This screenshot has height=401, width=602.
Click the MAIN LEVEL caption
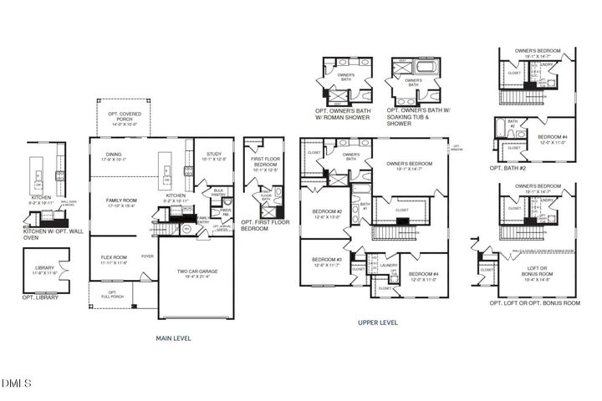[174, 338]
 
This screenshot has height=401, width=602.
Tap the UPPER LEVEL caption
[378, 322]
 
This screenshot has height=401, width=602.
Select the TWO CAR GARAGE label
[197, 272]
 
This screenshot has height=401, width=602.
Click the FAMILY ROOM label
[121, 202]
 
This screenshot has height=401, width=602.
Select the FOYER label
[147, 256]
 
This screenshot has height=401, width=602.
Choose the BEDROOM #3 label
[326, 261]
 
